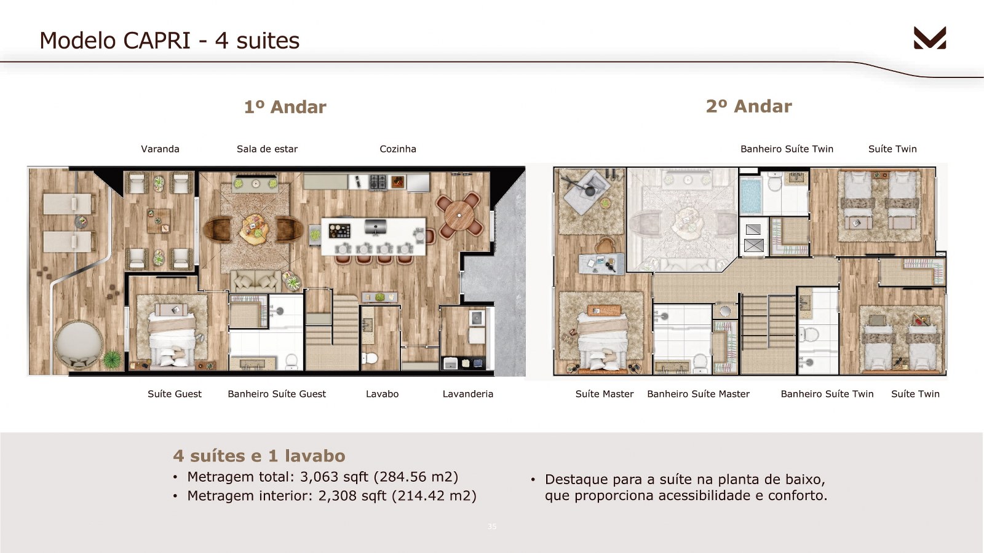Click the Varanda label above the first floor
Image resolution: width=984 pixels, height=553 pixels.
point(160,149)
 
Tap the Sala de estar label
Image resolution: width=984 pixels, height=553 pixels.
point(267,149)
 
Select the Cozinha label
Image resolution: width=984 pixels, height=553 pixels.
point(397,149)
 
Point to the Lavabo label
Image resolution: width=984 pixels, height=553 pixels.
point(382,394)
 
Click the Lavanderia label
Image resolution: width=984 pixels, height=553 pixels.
point(468,394)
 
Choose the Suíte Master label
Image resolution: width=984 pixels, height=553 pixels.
point(605,394)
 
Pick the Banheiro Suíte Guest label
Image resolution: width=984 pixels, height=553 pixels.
point(277,394)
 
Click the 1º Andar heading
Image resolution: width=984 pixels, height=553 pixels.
point(285,107)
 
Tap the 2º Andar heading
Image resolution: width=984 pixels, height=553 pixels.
point(749,106)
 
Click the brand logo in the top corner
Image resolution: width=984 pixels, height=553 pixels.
point(930,37)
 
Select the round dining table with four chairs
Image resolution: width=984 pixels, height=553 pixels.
point(459,215)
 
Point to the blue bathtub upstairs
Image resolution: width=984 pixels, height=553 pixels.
point(750,195)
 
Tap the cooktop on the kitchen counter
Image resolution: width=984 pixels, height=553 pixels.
point(378,182)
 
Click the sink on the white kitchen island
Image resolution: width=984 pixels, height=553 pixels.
point(376,227)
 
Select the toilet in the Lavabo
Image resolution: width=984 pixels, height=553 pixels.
point(370,358)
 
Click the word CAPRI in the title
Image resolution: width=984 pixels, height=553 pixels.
point(156,41)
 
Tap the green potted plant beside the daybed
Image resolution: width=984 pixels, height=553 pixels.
point(113,359)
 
